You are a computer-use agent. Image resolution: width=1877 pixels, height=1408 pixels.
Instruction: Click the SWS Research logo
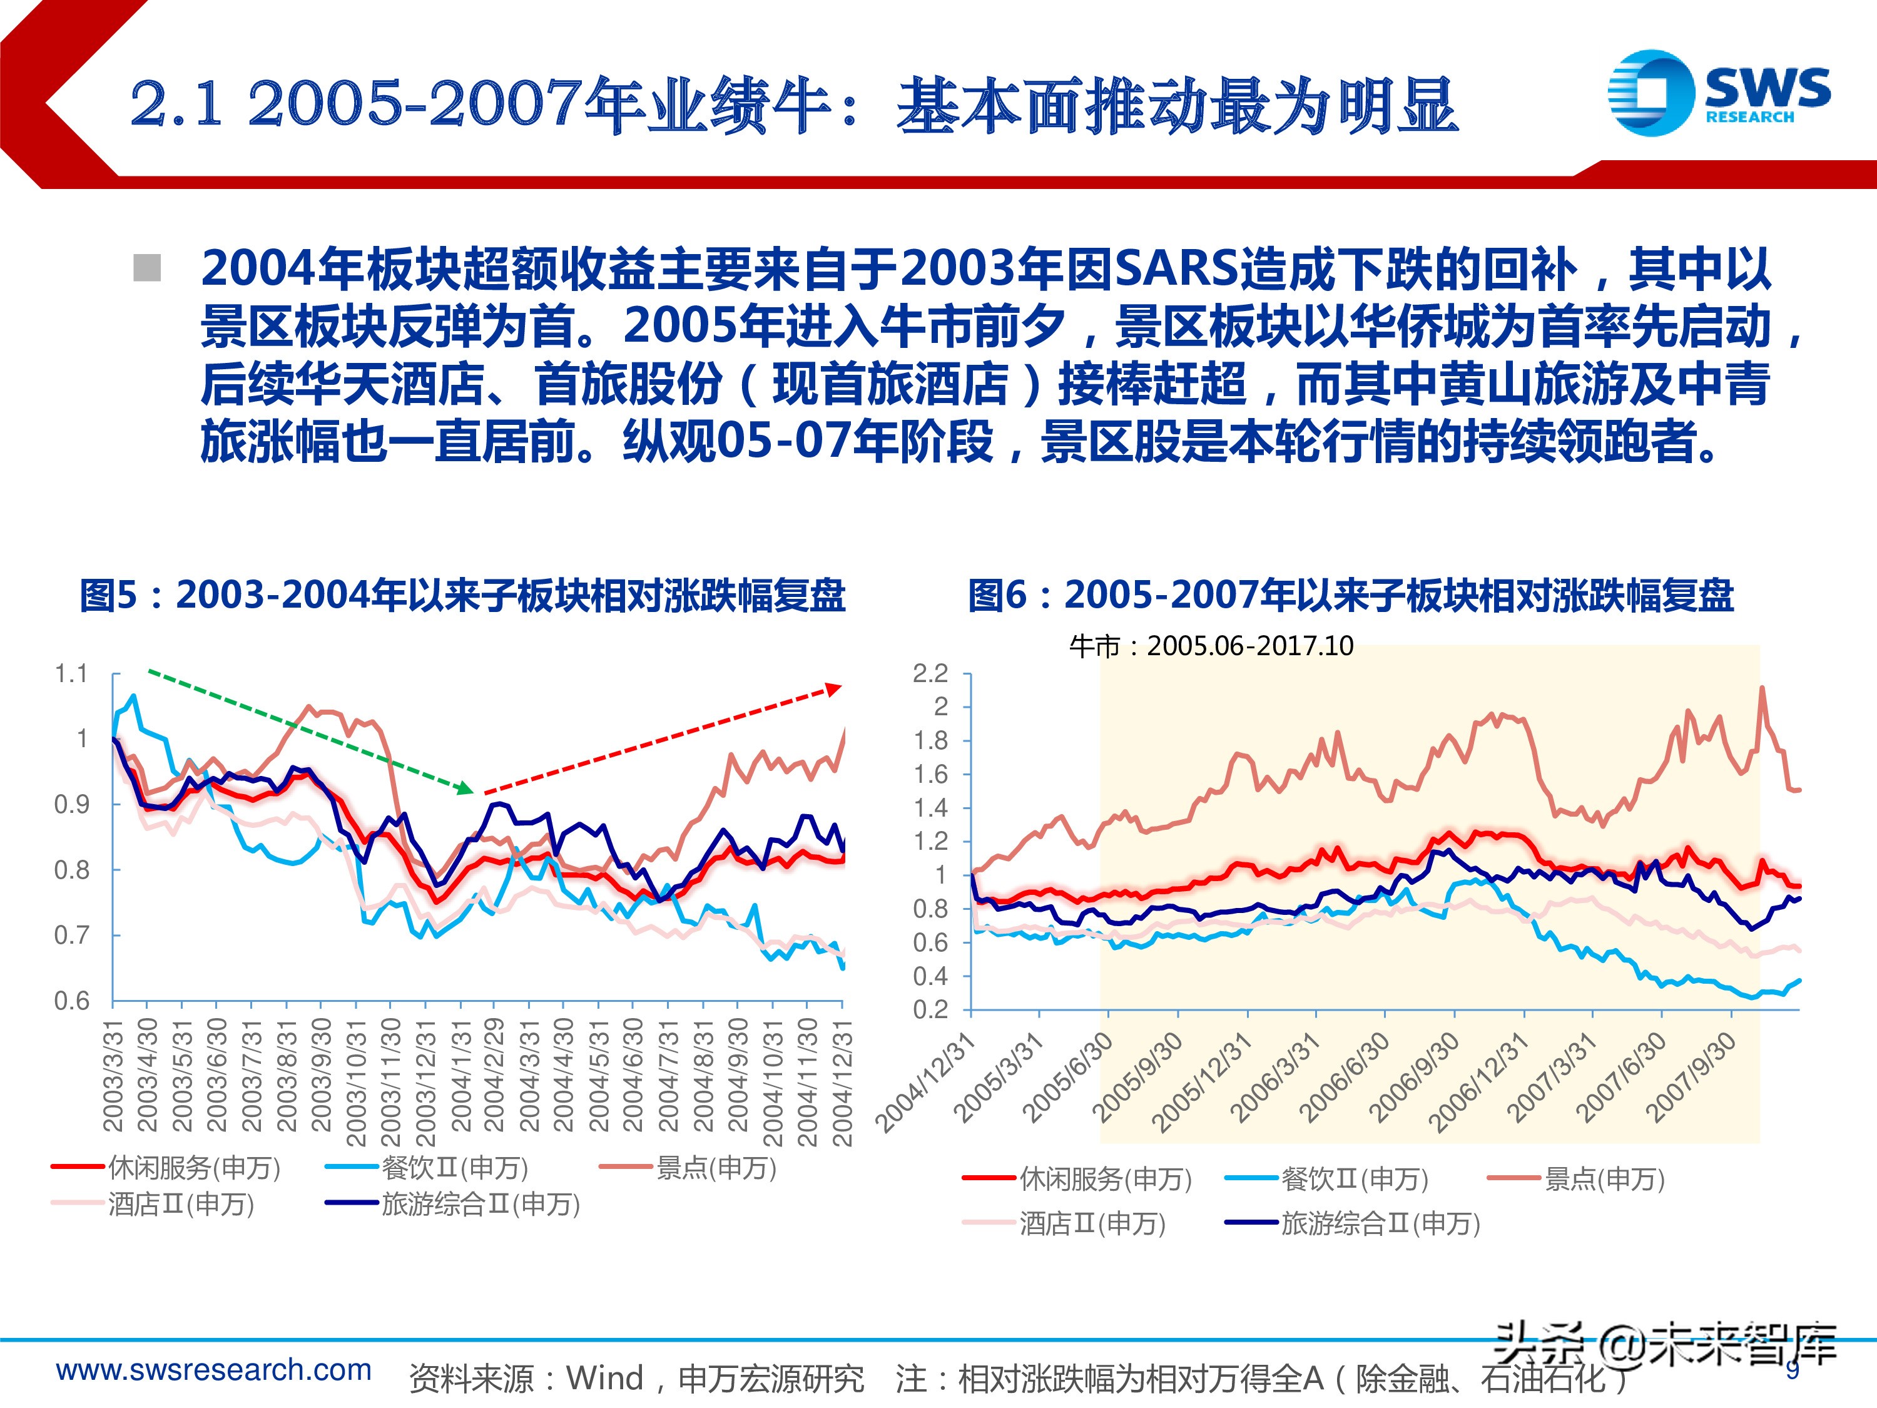[x=1717, y=91]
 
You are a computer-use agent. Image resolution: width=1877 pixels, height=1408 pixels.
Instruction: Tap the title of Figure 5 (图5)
[x=462, y=595]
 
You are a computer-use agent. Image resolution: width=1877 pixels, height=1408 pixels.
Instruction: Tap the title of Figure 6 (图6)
[x=1351, y=595]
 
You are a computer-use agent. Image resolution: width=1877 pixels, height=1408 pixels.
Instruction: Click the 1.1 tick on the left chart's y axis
[x=71, y=674]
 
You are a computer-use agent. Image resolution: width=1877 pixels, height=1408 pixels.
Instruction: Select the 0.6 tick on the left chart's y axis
[x=71, y=1001]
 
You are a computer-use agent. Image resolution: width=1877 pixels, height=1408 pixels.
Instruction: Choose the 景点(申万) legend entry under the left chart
[x=688, y=1168]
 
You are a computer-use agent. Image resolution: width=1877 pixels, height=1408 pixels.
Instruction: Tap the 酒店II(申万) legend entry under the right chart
[x=1065, y=1223]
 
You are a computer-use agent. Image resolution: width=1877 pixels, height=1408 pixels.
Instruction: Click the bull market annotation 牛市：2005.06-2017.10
[x=1211, y=646]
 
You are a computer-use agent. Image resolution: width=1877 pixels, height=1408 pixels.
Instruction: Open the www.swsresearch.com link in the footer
[x=214, y=1369]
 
